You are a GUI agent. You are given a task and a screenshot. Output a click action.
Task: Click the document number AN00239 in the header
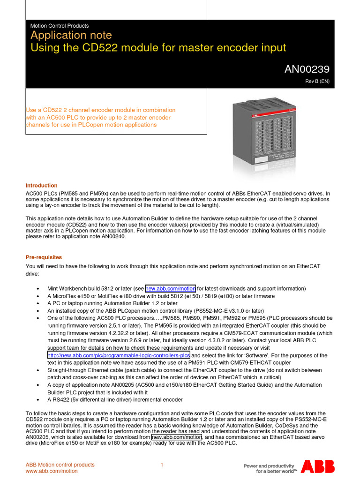[x=307, y=69]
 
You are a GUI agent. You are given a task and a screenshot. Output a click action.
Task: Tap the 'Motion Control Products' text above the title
[x=59, y=26]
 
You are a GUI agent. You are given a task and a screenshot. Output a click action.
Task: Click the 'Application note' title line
[x=71, y=36]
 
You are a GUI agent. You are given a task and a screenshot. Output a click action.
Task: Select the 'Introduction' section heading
[x=42, y=186]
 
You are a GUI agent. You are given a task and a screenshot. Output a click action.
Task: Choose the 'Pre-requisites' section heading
[x=44, y=257]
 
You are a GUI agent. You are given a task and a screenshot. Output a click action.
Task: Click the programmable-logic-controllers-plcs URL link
[x=119, y=355]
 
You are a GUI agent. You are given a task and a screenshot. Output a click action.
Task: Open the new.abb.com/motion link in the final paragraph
[x=177, y=437]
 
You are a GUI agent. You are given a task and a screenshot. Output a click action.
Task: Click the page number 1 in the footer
[x=162, y=465]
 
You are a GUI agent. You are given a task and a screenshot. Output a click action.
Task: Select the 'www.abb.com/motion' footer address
[x=52, y=472]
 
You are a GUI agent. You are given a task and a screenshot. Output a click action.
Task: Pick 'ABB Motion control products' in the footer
[x=60, y=465]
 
